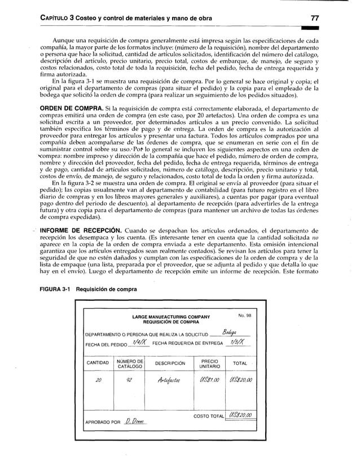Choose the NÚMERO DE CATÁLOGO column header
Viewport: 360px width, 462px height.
(130, 363)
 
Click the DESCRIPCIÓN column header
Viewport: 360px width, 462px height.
(169, 363)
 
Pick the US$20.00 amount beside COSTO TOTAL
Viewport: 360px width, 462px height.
(242, 416)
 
